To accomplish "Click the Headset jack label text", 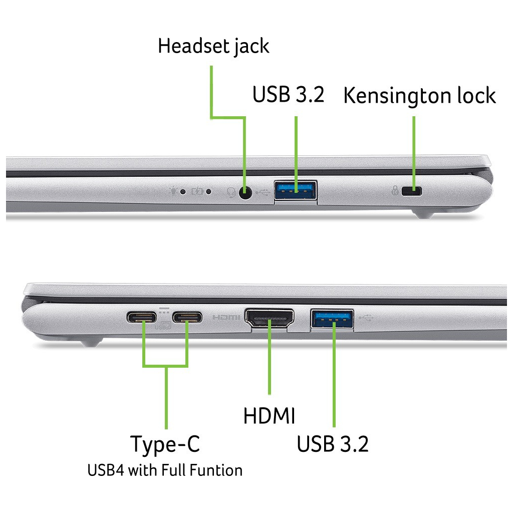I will click(x=213, y=46).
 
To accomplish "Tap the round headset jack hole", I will click(x=245, y=192).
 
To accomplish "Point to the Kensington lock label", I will click(x=419, y=96).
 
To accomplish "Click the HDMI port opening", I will click(x=270, y=319).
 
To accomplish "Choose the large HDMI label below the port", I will click(x=269, y=416).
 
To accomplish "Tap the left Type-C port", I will click(x=143, y=318).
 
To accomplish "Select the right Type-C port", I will click(x=187, y=318).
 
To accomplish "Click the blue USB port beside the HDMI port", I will click(x=333, y=319).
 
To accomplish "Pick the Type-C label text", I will click(x=165, y=444).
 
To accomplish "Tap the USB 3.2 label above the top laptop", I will click(x=288, y=95).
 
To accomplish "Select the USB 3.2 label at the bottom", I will click(x=333, y=444).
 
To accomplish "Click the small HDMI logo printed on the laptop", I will click(x=227, y=318).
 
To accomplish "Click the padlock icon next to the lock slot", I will click(x=395, y=191).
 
